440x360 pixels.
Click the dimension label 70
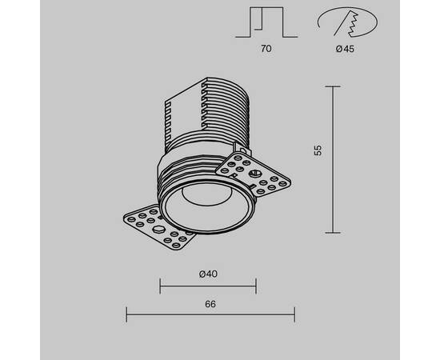(266, 49)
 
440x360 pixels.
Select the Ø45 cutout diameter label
(345, 49)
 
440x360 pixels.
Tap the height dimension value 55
(318, 150)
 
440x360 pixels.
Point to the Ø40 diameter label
(208, 274)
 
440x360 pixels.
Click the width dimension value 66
(210, 304)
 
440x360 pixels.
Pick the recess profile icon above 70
(266, 22)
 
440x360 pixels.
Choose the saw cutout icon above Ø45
(347, 22)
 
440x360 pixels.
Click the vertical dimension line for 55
(333, 159)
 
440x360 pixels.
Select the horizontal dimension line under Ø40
(208, 286)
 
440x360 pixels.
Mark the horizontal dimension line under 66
(210, 315)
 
